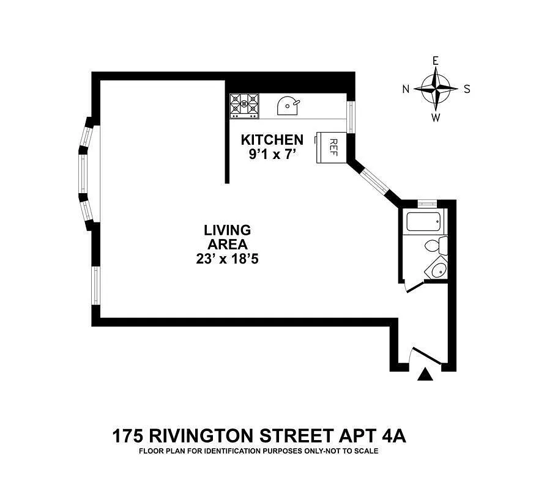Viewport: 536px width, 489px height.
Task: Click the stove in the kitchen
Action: tap(244, 106)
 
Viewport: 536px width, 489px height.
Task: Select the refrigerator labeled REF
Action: tap(330, 147)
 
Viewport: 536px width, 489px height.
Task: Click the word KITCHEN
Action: tap(272, 140)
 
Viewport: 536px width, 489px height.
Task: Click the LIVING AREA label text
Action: tap(227, 237)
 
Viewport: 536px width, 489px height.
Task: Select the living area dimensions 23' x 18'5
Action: tap(227, 259)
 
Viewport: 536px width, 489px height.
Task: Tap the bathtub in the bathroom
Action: tap(423, 221)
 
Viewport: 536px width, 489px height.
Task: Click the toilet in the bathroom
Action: tap(437, 246)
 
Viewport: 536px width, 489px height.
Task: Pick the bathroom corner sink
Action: tap(438, 269)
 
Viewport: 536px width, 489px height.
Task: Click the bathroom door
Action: tap(414, 285)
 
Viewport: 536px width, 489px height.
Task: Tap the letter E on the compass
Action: tap(436, 61)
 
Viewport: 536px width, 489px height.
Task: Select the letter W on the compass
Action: tap(436, 118)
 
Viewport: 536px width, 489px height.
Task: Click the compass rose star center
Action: tap(436, 88)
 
